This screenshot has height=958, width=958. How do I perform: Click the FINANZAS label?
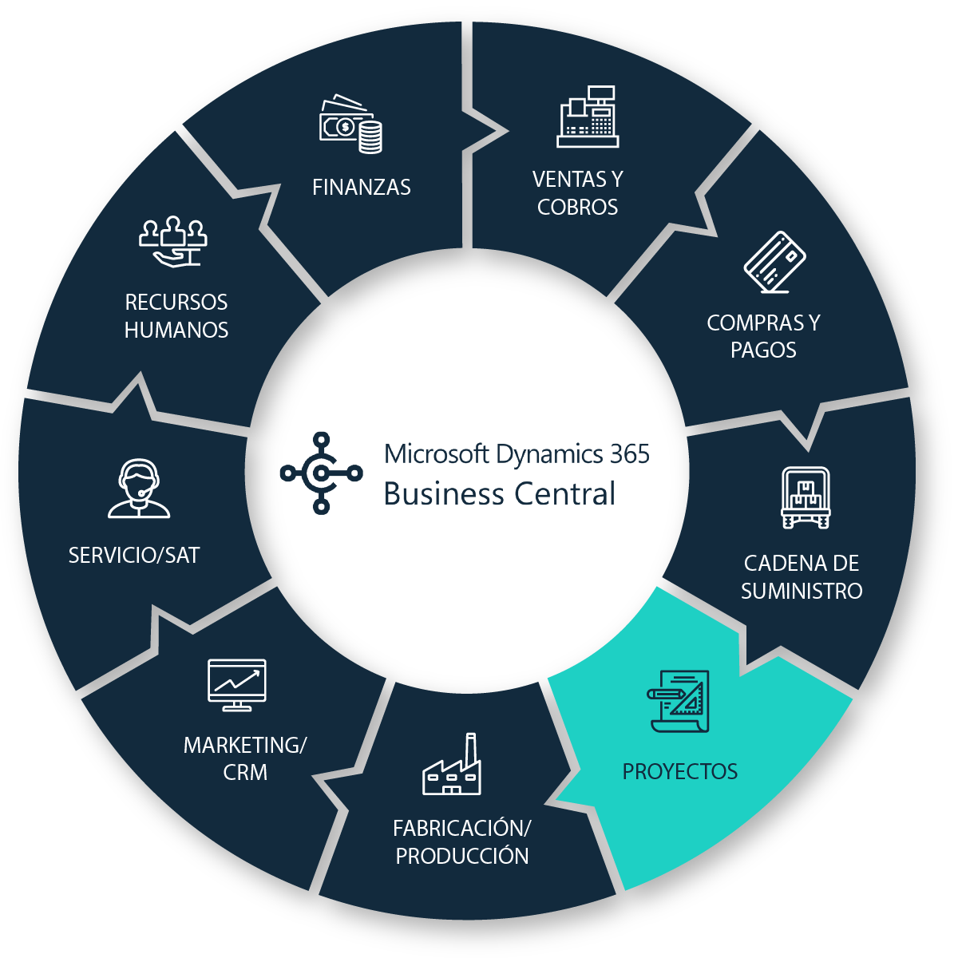362,188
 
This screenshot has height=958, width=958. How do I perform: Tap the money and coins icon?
350,125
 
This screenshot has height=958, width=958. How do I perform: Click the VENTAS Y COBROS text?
577,193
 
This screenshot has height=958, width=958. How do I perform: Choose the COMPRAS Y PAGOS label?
763,336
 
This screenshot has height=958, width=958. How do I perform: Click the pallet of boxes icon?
805,498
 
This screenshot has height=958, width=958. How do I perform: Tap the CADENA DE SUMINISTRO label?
802,577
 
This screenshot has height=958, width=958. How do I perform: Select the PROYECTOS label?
680,772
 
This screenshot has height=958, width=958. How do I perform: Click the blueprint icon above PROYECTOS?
679,700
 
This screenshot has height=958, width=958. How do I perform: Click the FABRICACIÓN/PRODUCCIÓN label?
462,842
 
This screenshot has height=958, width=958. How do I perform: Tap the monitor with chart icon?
236,684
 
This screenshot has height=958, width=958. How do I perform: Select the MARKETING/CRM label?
245,758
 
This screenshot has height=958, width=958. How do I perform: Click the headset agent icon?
139,489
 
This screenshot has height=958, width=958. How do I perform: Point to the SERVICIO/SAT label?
134,556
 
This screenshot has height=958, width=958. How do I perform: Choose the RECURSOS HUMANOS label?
176,316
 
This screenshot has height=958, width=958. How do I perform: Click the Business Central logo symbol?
321,473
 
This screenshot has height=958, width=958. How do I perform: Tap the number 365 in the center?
630,454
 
